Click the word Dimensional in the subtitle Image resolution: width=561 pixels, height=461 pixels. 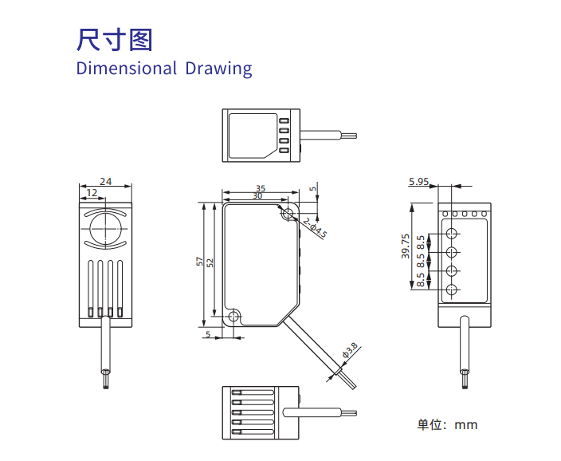pos(126,68)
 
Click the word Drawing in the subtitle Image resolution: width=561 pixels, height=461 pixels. pos(218,68)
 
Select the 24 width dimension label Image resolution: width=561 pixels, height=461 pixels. pos(106,181)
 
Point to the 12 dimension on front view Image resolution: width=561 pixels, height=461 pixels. pos(92,192)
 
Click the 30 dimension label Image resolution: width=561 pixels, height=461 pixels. pos(257,195)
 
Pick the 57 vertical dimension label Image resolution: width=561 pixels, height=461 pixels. pos(200,262)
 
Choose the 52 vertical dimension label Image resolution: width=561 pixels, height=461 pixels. pos(210,262)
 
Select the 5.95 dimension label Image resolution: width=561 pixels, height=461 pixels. pos(418,182)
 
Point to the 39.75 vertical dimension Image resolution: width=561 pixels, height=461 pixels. pos(406,246)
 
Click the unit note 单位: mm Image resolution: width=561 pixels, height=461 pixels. pos(447,424)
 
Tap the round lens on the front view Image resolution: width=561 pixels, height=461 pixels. pos(106,228)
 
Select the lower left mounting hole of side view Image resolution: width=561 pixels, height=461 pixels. pos(233,317)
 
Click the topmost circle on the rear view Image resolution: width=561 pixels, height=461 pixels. pos(452,234)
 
